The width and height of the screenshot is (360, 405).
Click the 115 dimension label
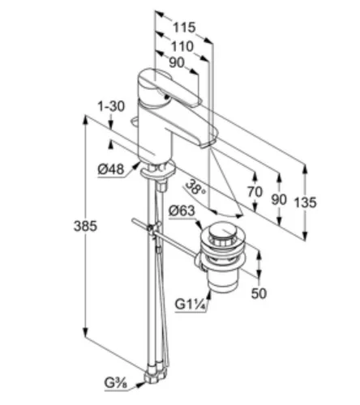point(184,28)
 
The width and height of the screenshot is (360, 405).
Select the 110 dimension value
point(182,46)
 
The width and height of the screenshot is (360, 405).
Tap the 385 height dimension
point(85,226)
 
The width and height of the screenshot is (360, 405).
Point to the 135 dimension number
point(305,202)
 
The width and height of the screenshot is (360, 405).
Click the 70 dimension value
point(255,192)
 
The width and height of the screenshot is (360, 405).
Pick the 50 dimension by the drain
point(259,293)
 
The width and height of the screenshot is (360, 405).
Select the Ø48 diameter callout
point(111,169)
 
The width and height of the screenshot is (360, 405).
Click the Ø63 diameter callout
point(182,211)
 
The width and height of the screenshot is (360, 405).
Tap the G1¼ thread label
point(191,305)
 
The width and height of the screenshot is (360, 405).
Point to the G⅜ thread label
point(116,383)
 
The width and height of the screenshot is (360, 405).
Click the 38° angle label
point(195,187)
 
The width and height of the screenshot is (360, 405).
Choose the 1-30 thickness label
point(111,106)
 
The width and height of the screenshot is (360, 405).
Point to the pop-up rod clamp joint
point(152,229)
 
